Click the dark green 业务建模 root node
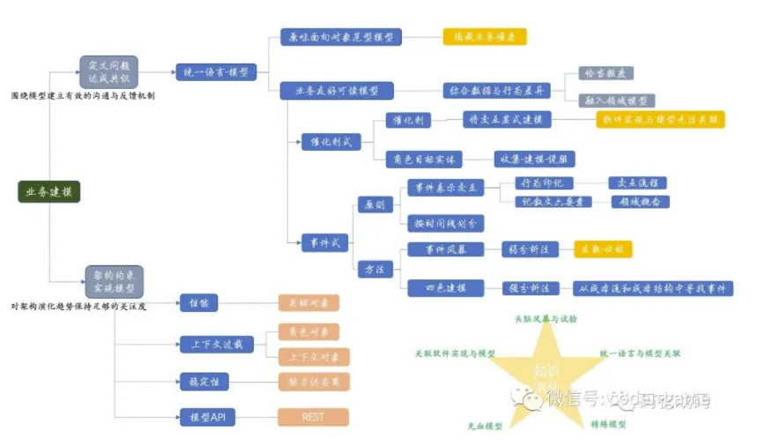pos(49,191)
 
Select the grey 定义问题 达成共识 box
pos(110,71)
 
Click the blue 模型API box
pos(207,417)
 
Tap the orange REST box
pos(313,417)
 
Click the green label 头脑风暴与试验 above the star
pos(546,318)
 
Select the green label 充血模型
pos(485,426)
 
